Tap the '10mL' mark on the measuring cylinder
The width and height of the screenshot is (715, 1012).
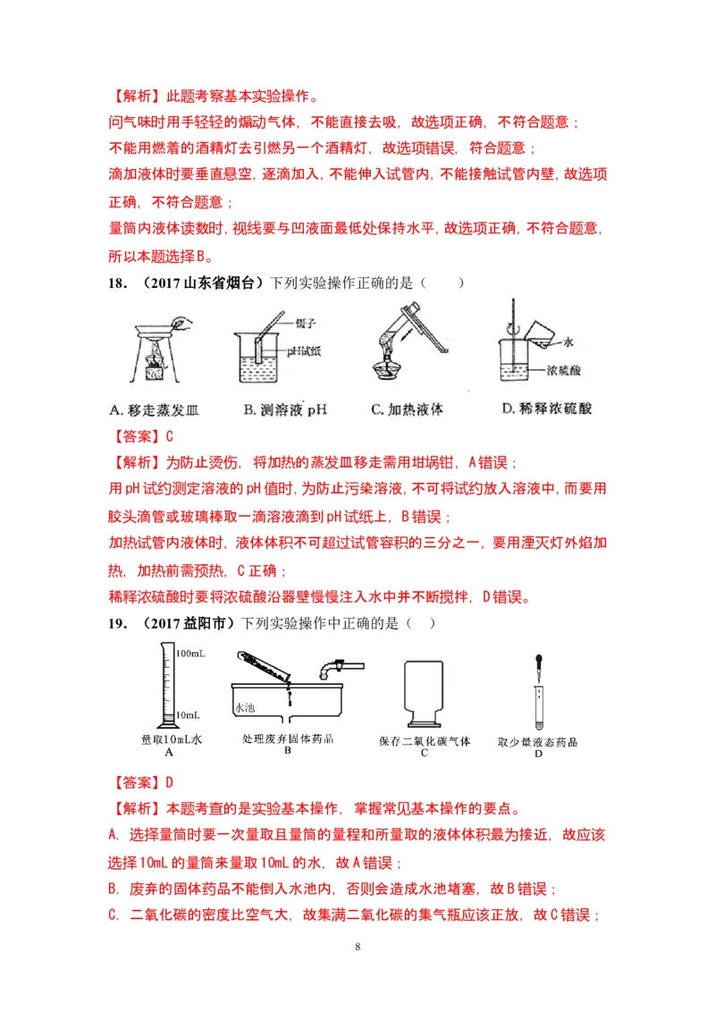pyautogui.click(x=189, y=715)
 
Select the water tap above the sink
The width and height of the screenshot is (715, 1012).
pyautogui.click(x=340, y=666)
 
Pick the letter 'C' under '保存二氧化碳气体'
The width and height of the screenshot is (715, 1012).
pyautogui.click(x=425, y=753)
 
